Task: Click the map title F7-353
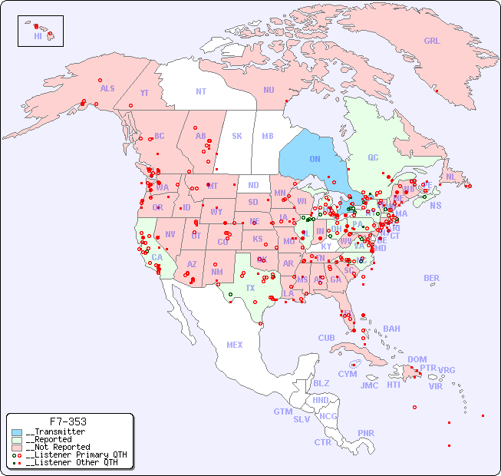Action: (x=68, y=421)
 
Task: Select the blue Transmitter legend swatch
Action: (x=17, y=432)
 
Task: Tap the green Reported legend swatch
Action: (x=17, y=440)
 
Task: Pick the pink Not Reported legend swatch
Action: (x=17, y=447)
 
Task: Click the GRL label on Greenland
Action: (x=432, y=41)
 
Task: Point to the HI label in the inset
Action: (x=38, y=35)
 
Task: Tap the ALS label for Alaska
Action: (x=107, y=89)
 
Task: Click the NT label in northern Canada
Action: (x=201, y=91)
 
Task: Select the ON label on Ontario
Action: (x=315, y=160)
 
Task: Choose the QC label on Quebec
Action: (x=373, y=158)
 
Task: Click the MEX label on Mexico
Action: (x=235, y=345)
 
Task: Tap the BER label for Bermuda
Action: (x=432, y=279)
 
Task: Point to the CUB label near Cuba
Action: (x=326, y=339)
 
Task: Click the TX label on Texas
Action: (x=250, y=289)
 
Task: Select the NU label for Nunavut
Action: (x=269, y=90)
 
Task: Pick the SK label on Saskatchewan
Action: (x=237, y=137)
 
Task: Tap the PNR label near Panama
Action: (x=366, y=433)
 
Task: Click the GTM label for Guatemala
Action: (x=282, y=412)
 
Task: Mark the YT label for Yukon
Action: (x=144, y=93)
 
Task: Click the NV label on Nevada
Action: (x=170, y=235)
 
